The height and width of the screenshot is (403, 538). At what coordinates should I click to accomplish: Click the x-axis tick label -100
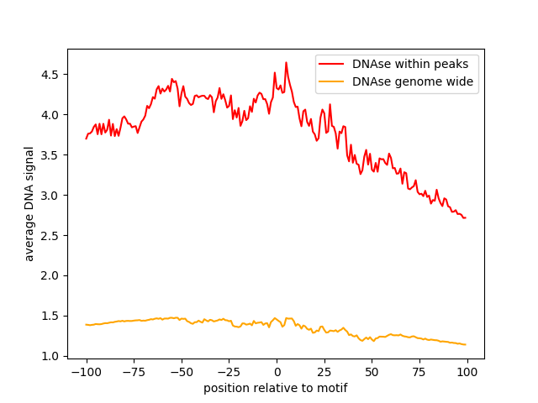pos(86,372)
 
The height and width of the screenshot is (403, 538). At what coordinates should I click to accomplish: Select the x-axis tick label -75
pos(133,372)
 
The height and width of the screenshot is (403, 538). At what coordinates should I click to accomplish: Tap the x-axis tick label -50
pos(181,372)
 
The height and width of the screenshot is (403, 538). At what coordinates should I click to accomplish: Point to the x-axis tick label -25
pos(229,372)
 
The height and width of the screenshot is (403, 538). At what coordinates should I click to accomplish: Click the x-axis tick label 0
pos(277,372)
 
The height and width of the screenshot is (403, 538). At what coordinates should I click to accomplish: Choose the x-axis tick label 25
pos(324,372)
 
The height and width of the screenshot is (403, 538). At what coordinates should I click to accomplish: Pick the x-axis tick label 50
pos(372,372)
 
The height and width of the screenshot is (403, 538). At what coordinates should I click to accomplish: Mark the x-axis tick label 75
pos(420,372)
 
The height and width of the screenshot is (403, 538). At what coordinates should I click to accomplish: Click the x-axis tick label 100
pos(467,372)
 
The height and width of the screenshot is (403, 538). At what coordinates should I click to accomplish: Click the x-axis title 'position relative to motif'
pos(276,388)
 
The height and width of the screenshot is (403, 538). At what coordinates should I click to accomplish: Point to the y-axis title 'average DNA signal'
pos(29,203)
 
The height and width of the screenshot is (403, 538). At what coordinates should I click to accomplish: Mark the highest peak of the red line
pos(286,62)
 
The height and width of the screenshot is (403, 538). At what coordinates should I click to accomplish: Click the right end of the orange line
pos(466,344)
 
